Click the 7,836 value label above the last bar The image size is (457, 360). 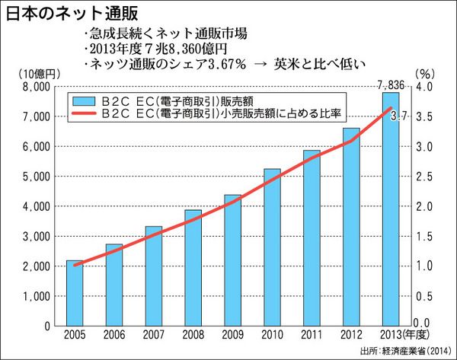391,84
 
